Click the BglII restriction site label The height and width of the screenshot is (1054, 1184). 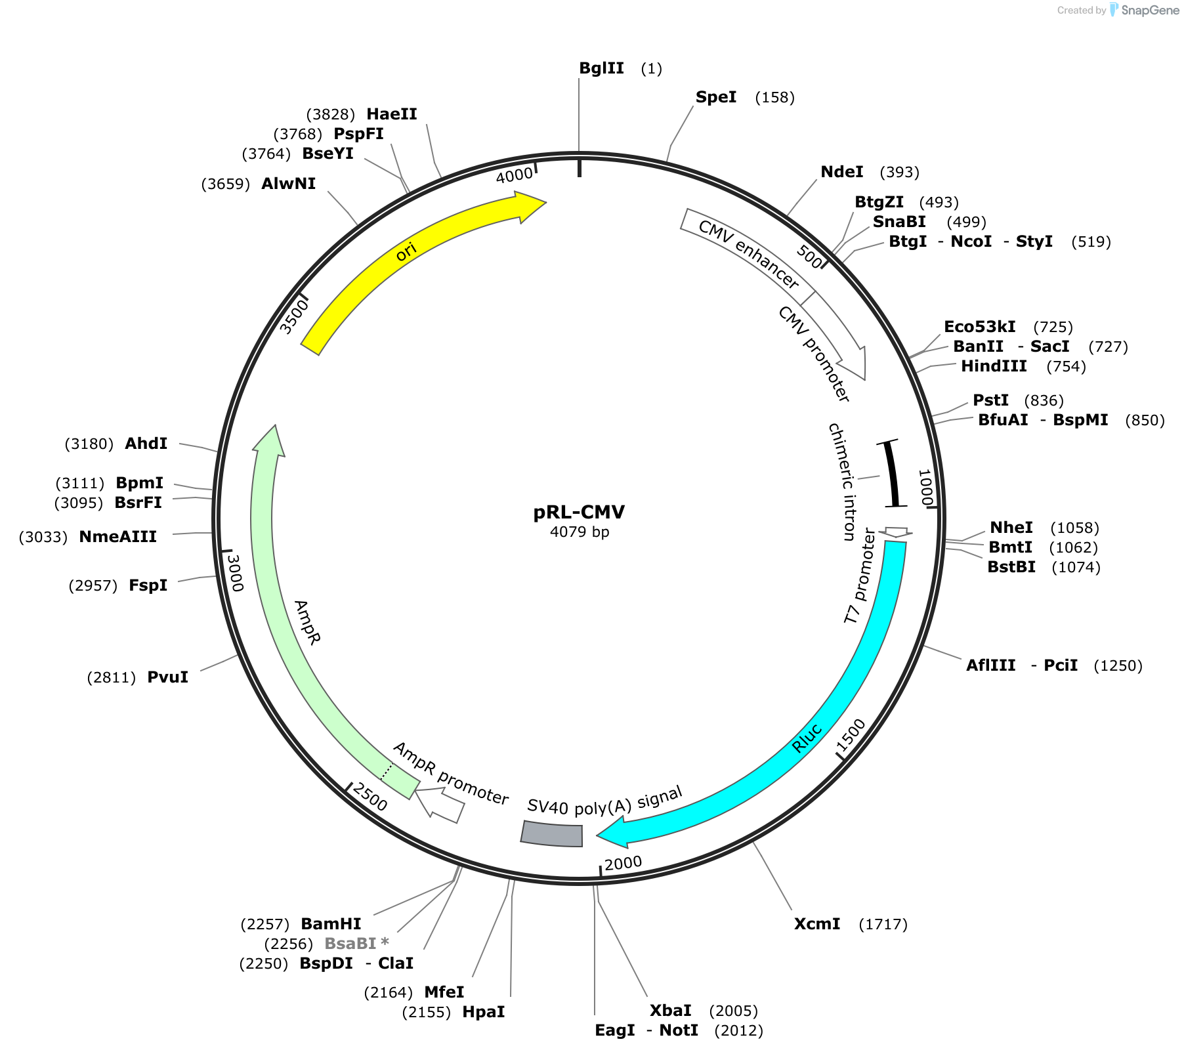601,68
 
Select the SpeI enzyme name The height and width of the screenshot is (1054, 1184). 716,97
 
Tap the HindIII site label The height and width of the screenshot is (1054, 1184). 994,366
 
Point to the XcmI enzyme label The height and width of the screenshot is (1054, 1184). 817,924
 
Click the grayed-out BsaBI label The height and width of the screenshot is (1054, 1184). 350,944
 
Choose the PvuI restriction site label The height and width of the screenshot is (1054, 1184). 168,677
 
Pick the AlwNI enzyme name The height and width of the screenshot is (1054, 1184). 289,184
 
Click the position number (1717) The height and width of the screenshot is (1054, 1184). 883,924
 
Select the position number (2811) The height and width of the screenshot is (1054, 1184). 112,677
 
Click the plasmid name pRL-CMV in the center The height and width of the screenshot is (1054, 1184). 579,512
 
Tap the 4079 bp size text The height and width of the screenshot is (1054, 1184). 580,532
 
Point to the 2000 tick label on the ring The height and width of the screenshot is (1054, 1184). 623,863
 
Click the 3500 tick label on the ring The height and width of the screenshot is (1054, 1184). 293,316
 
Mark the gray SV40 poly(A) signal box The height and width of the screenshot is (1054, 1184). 552,833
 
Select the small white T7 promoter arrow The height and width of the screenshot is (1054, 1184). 896,532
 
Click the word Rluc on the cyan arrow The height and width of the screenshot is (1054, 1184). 807,738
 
